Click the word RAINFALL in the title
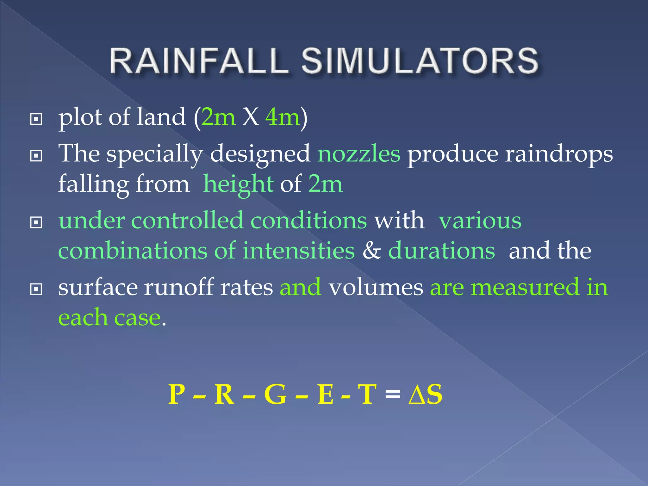(x=199, y=61)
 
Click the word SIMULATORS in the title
(x=420, y=61)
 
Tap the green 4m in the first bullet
(x=283, y=117)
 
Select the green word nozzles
(x=359, y=154)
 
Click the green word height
(x=238, y=184)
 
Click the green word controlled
(x=187, y=220)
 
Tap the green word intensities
(x=299, y=251)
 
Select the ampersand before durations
(x=371, y=251)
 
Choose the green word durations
(x=441, y=251)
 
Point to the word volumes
(x=376, y=287)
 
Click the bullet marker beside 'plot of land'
(x=36, y=119)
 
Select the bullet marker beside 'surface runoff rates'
(x=36, y=289)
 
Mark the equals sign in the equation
(x=393, y=395)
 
